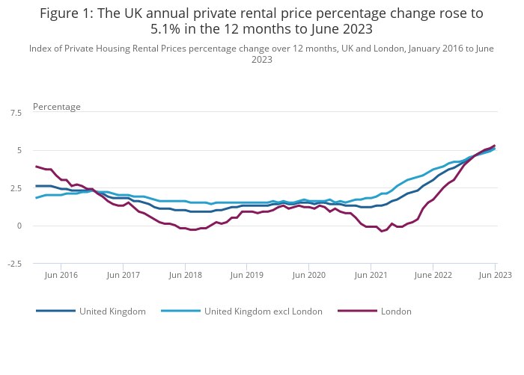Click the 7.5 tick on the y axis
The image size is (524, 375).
click(16, 113)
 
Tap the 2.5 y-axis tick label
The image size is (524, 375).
click(16, 188)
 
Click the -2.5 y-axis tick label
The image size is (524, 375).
click(14, 264)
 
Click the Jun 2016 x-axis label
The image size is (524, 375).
click(62, 275)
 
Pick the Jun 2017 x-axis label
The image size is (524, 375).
click(124, 275)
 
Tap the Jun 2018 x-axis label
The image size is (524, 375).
click(186, 275)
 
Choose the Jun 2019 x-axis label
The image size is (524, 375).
click(247, 275)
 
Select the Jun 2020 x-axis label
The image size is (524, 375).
click(309, 275)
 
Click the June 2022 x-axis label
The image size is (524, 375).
click(433, 275)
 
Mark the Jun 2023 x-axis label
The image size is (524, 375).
click(496, 275)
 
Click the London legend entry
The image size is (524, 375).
click(396, 312)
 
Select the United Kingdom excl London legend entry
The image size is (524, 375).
click(263, 312)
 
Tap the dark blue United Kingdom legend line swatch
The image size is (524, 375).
click(55, 312)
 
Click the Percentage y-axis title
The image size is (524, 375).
click(57, 107)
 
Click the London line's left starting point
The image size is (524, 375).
click(36, 167)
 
